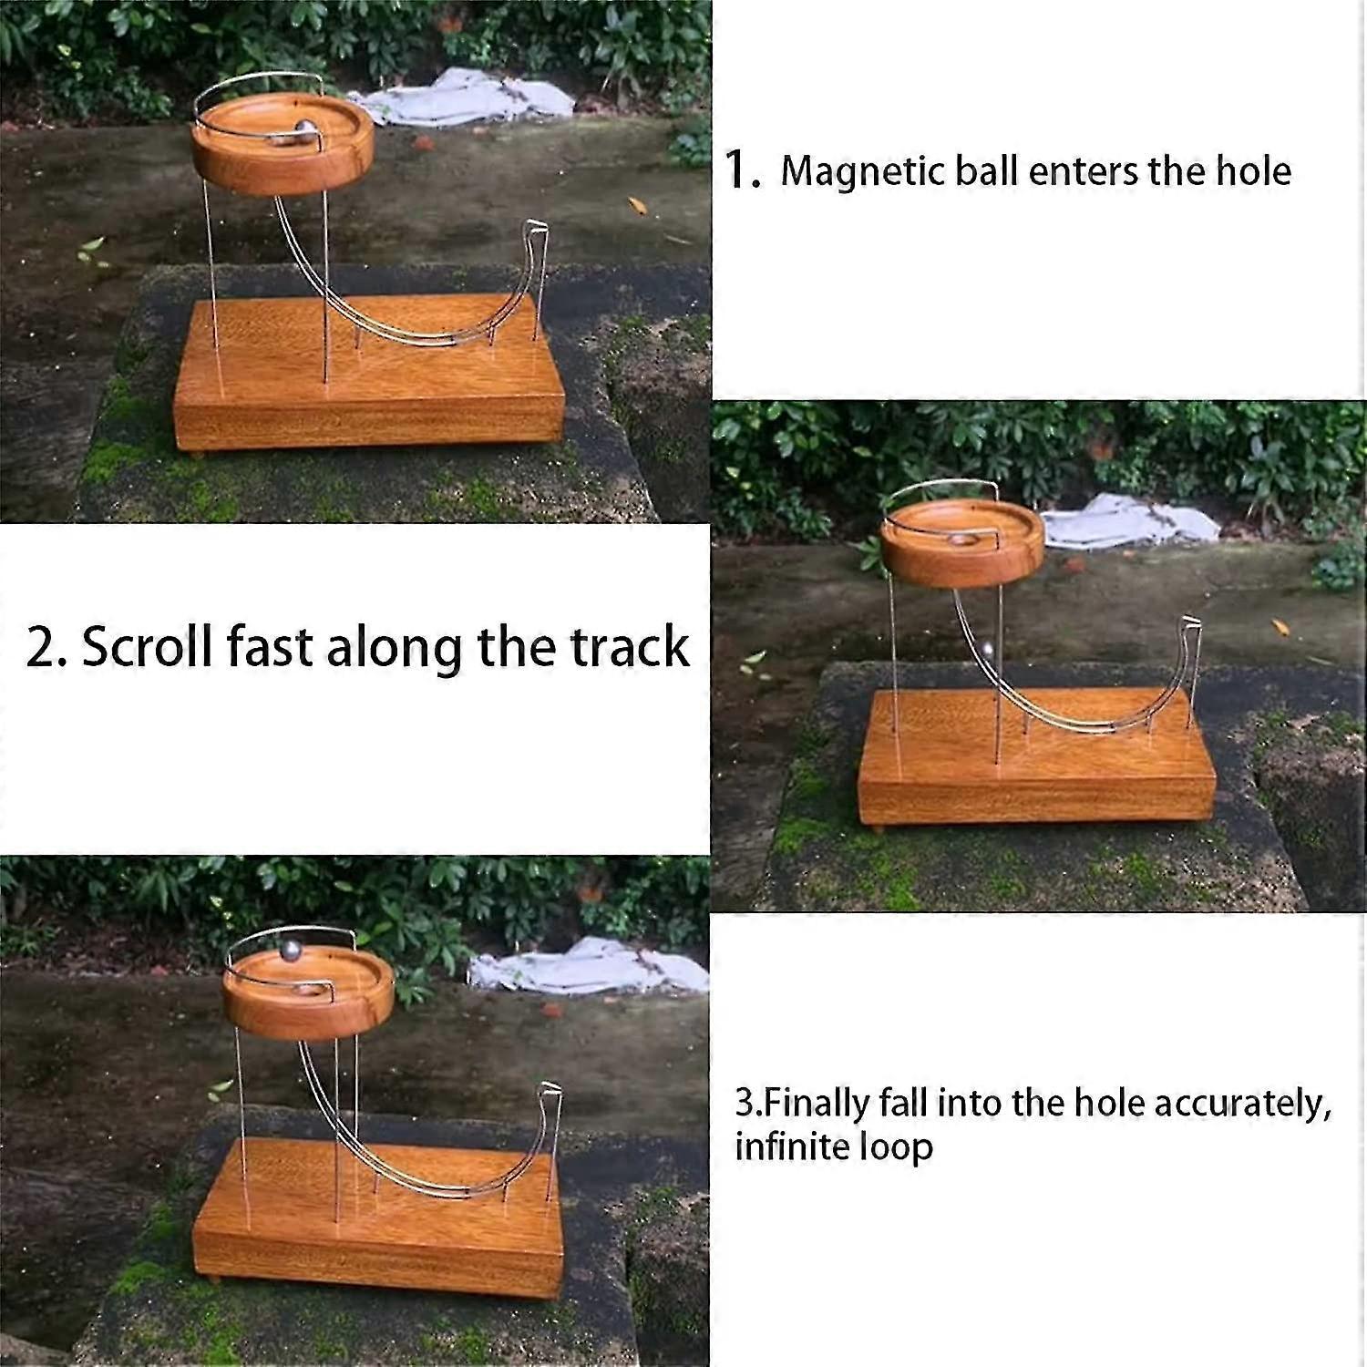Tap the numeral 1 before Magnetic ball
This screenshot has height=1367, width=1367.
pyautogui.click(x=736, y=170)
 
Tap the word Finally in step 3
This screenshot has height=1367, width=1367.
pyautogui.click(x=817, y=1104)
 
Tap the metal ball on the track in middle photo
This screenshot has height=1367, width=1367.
pyautogui.click(x=987, y=651)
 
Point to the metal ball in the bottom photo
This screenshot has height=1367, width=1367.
pyautogui.click(x=290, y=951)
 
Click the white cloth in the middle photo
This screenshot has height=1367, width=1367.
pyautogui.click(x=1130, y=521)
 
